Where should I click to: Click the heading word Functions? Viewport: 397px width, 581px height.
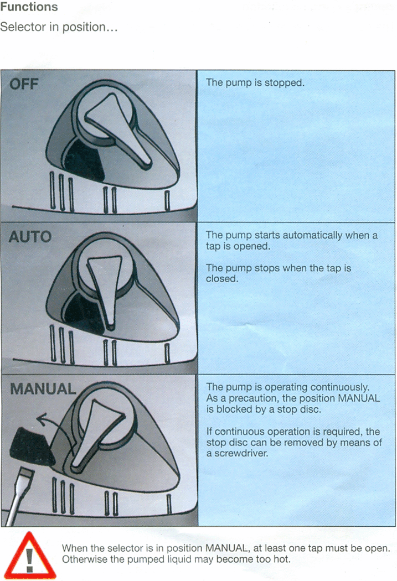[x=29, y=7]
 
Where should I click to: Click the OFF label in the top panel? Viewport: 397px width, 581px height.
[x=24, y=84]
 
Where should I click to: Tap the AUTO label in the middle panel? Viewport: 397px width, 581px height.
[x=30, y=237]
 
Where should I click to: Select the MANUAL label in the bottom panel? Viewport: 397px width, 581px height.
[x=43, y=388]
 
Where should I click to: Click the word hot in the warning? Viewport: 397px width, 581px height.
[x=282, y=559]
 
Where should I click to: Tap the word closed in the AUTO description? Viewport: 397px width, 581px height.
[x=222, y=279]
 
